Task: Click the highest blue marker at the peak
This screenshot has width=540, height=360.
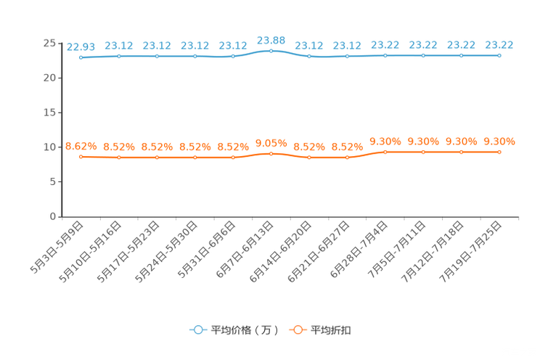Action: point(271,51)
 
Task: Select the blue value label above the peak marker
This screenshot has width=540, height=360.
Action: point(271,39)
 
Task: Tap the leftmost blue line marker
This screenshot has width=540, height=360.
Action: point(81,57)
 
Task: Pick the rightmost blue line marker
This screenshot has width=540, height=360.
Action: point(499,55)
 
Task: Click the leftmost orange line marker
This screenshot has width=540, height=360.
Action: point(81,156)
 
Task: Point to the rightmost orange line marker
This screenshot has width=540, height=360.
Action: point(499,152)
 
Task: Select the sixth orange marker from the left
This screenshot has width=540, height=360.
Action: point(271,153)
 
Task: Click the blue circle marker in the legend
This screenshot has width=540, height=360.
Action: point(197,330)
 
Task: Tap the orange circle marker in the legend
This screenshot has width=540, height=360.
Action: point(297,330)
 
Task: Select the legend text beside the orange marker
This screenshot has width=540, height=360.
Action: point(332,330)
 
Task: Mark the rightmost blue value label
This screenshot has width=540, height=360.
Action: point(499,44)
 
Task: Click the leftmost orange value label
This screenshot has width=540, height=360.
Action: point(81,146)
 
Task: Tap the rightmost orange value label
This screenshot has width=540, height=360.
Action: point(499,142)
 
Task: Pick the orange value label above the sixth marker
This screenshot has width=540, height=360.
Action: point(271,142)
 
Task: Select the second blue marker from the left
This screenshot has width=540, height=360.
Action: point(119,56)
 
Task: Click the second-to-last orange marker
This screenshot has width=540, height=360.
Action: point(461,152)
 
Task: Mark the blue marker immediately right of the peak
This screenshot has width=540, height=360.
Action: point(309,56)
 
